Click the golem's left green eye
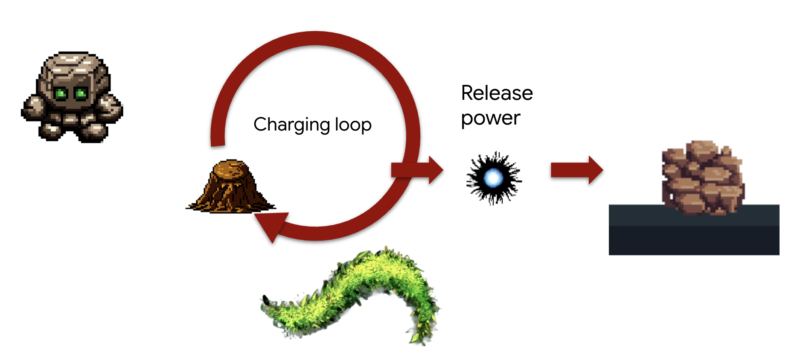pos(61,93)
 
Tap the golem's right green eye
pos(81,93)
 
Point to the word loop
pos(353,125)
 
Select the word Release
pos(497,93)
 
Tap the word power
pos(491,118)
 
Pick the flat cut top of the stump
pos(231,168)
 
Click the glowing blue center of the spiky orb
pos(494,178)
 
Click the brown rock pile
pos(702,177)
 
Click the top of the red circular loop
pos(315,38)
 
